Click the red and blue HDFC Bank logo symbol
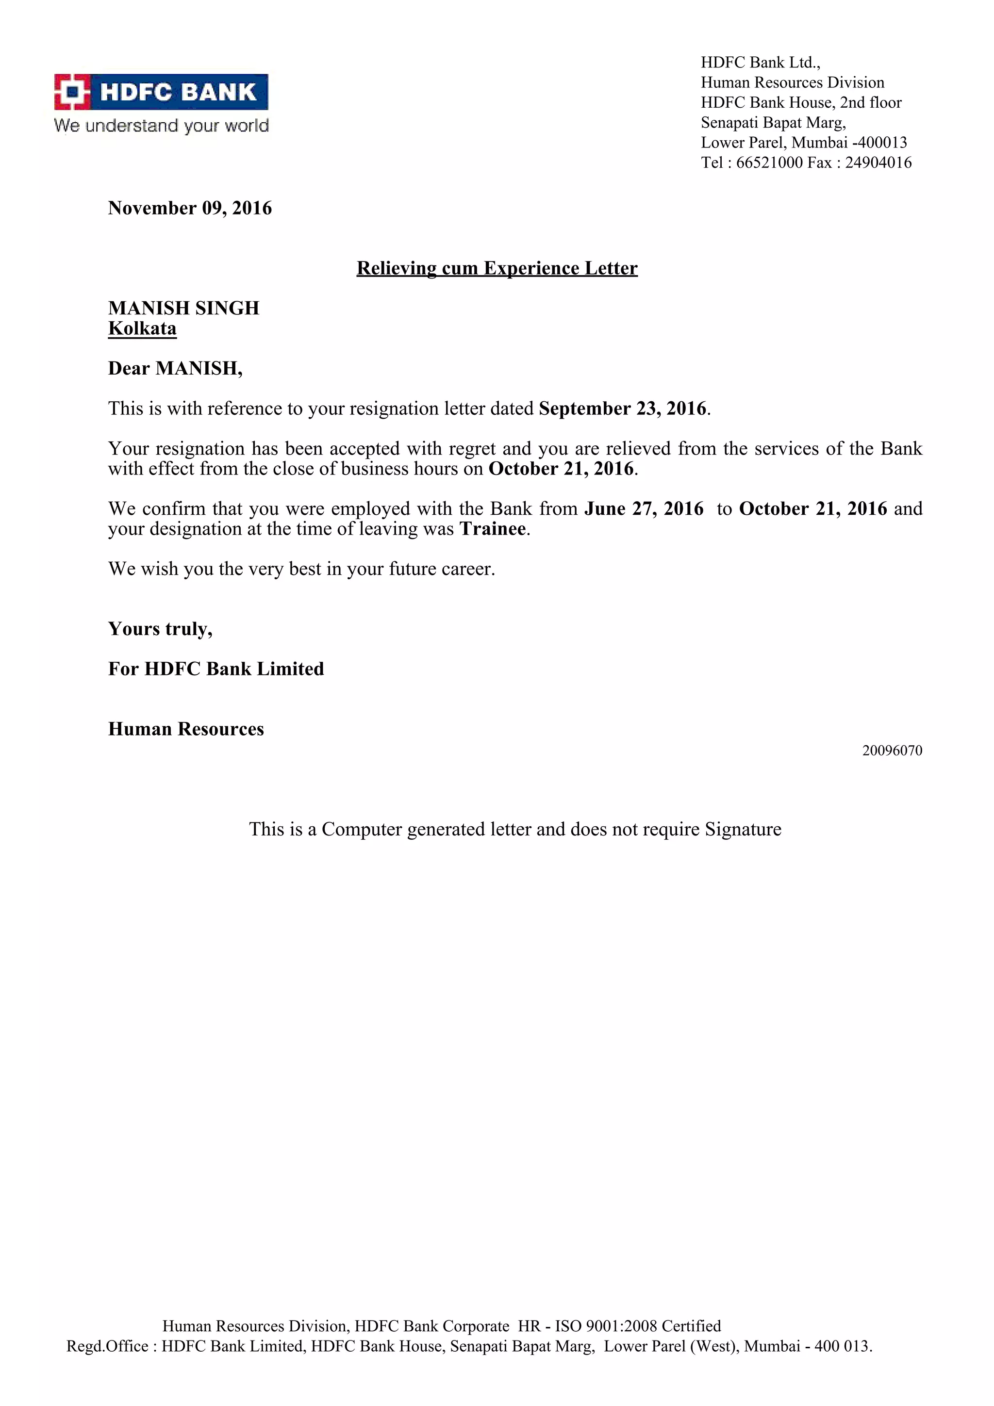pos(72,92)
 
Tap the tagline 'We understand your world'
pos(161,126)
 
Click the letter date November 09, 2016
pos(190,208)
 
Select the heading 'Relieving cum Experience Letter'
pos(497,268)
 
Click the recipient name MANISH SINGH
pos(184,308)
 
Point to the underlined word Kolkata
pos(142,328)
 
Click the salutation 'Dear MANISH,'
pos(175,368)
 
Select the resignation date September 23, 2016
pos(623,409)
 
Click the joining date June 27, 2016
pos(644,508)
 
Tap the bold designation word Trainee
pos(493,528)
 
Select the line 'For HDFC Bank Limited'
pos(216,669)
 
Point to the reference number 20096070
pos(892,751)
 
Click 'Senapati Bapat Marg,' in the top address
pos(773,122)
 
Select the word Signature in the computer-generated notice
pos(743,829)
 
